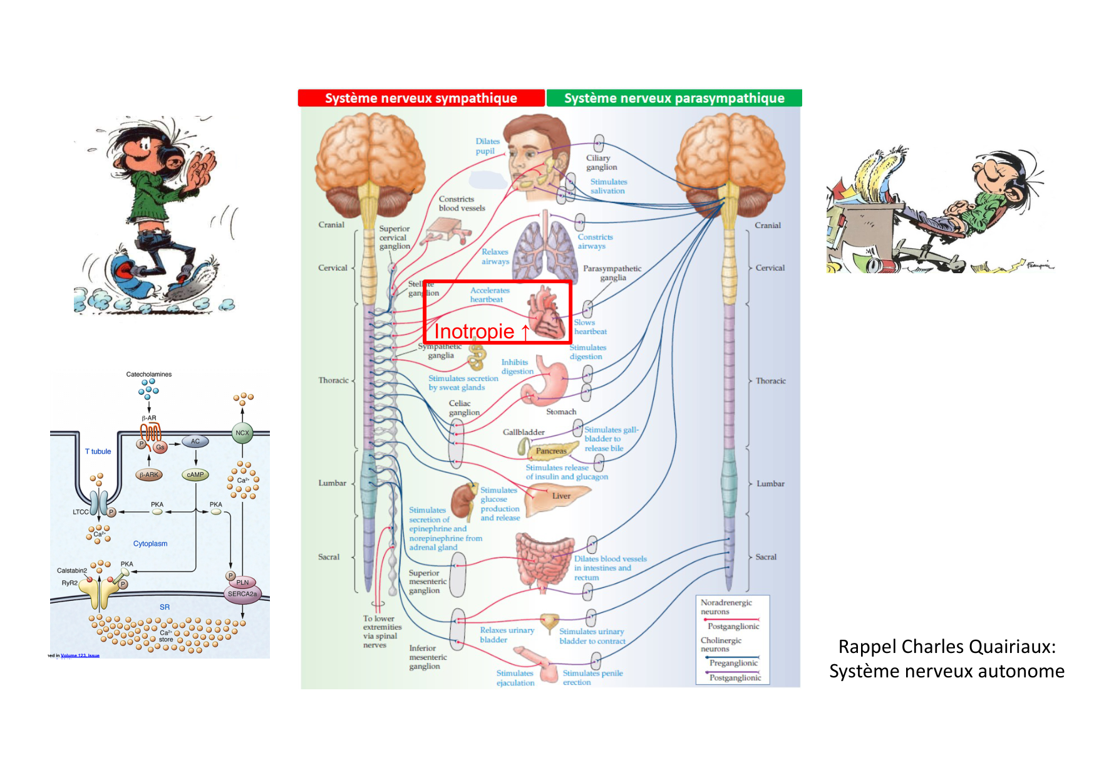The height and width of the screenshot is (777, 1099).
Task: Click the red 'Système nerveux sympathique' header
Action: click(x=421, y=98)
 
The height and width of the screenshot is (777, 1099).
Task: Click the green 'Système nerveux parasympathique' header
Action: click(x=674, y=98)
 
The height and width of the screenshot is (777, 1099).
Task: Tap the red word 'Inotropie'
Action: click(x=474, y=331)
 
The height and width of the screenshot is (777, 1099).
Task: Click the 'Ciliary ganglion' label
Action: click(x=601, y=163)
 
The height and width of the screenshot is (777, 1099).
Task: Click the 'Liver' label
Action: click(x=561, y=496)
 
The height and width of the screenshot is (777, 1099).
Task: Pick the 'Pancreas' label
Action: click(x=551, y=451)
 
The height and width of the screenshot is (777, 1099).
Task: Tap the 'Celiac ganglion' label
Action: click(x=463, y=408)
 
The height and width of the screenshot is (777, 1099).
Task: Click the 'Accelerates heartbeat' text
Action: click(x=490, y=295)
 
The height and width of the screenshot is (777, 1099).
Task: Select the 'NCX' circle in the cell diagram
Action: click(x=242, y=433)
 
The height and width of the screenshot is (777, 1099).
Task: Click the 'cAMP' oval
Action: click(x=195, y=475)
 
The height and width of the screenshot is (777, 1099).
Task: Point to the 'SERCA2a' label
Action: click(x=242, y=594)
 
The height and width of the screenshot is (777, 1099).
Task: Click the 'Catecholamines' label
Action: click(x=149, y=375)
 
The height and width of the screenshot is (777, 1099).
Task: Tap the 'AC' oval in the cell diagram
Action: click(x=195, y=442)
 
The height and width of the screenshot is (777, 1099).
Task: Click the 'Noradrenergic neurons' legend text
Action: click(x=726, y=607)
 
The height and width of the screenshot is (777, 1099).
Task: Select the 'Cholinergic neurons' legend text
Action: click(x=721, y=645)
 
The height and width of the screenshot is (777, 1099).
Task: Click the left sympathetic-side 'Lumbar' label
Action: click(x=332, y=483)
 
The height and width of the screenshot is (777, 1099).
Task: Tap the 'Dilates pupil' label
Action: click(x=487, y=146)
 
